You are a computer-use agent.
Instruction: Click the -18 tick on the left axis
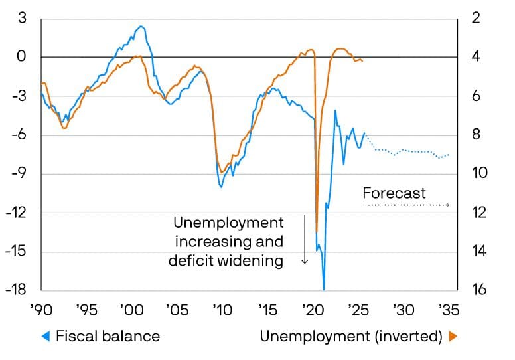17,290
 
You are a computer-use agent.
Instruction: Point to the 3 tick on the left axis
23,18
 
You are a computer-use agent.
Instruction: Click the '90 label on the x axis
41,310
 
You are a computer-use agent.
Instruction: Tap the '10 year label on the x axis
222,310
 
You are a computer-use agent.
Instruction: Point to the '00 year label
131,310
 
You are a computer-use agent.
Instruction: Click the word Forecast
394,193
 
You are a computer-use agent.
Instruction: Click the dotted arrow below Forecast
406,205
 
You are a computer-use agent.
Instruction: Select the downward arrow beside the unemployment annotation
305,239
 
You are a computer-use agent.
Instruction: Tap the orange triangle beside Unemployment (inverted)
453,337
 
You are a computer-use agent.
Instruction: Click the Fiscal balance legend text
108,337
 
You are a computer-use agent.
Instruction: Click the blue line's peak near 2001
140,27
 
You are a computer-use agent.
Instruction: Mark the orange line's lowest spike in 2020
317,232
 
